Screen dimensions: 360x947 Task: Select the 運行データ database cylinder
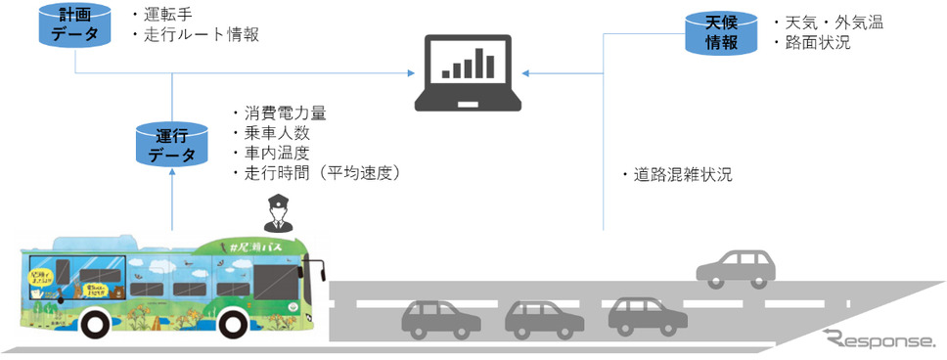(172, 144)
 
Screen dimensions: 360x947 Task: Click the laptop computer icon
(470, 70)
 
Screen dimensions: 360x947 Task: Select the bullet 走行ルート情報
(200, 36)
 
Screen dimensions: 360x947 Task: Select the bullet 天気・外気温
(831, 22)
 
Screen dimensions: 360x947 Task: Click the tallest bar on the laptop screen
(491, 62)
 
